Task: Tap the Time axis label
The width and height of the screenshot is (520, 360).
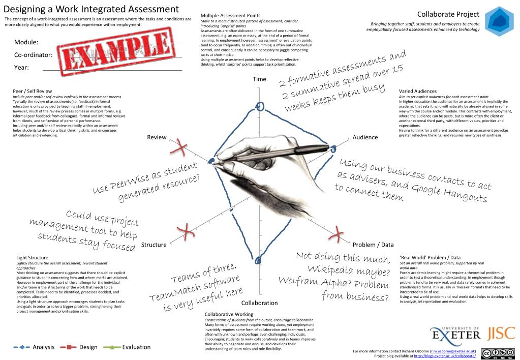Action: tap(259, 79)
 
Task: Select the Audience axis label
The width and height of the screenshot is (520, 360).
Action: tap(365, 137)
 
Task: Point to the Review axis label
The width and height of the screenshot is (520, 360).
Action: tap(157, 137)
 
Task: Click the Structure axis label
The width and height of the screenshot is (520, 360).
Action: tap(154, 245)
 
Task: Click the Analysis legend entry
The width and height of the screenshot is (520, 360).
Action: tap(43, 347)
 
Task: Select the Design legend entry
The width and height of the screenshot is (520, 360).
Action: tap(88, 347)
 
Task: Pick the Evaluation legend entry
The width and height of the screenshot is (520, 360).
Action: tap(136, 347)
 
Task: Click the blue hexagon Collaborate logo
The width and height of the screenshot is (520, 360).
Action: tap(499, 20)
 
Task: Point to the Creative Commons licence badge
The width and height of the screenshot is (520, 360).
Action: tap(498, 354)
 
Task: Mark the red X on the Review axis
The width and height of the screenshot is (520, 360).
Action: tap(179, 148)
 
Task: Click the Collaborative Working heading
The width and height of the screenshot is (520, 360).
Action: tap(228, 314)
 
